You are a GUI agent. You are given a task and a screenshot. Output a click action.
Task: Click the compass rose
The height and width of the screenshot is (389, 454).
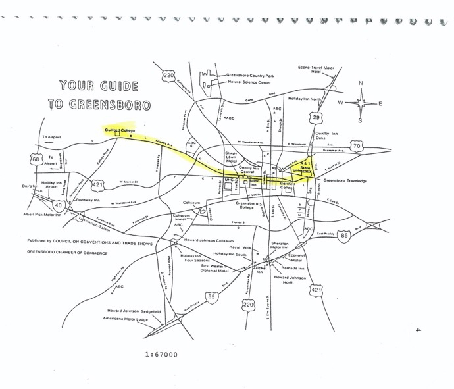pyautogui.click(x=362, y=103)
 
